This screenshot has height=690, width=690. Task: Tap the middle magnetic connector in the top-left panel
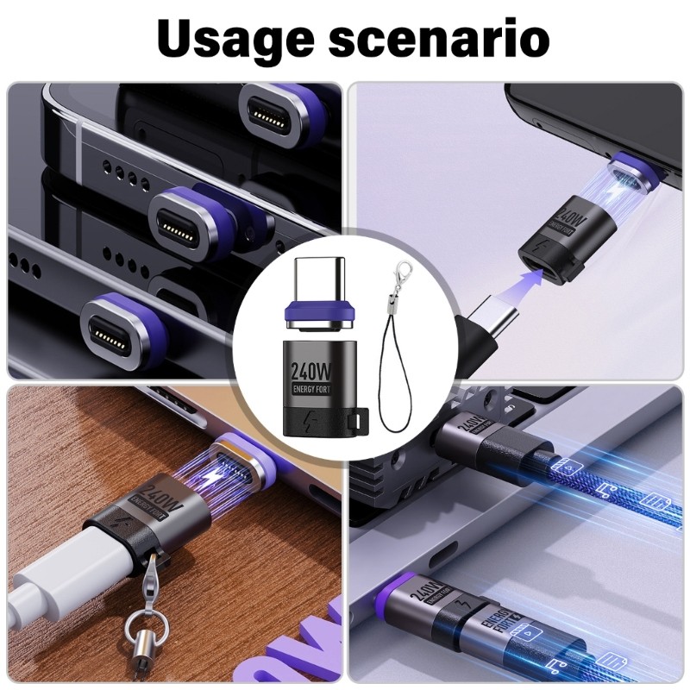click(185, 223)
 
